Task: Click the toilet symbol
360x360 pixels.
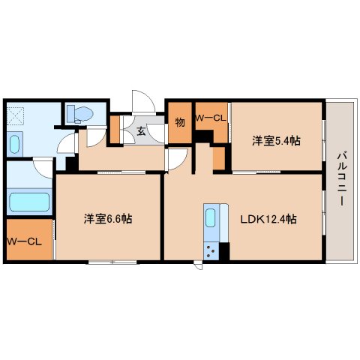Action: click(x=80, y=114)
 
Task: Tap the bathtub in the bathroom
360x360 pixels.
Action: click(x=29, y=202)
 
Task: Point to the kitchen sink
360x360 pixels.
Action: click(x=211, y=217)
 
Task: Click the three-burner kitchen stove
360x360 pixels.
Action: click(x=211, y=251)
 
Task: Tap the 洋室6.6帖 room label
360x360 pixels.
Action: click(x=108, y=219)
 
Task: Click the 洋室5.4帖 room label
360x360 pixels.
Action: click(x=276, y=141)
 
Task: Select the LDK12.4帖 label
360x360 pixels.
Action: click(x=268, y=219)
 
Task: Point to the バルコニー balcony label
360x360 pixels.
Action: click(x=341, y=178)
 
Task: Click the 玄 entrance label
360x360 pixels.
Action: click(x=141, y=131)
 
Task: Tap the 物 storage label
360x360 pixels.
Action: click(x=180, y=122)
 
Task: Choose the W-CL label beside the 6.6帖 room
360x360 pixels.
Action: click(x=24, y=241)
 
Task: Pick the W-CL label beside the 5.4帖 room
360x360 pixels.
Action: click(x=211, y=118)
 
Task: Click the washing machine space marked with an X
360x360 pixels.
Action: click(x=15, y=116)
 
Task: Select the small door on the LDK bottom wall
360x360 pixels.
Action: click(x=199, y=265)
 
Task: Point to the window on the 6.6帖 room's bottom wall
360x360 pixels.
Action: click(x=112, y=262)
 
